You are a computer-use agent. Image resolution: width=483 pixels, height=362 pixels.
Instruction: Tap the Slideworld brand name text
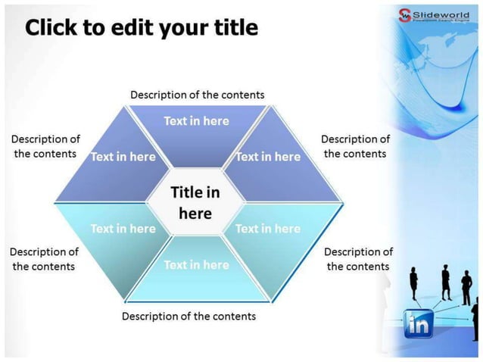445,13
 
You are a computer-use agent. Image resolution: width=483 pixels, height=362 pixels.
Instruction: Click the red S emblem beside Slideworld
405,14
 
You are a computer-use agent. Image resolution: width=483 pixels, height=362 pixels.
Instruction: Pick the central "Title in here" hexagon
195,202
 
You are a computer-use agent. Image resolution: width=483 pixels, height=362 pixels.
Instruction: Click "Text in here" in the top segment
196,120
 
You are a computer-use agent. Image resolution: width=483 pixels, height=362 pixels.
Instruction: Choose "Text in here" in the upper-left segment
123,157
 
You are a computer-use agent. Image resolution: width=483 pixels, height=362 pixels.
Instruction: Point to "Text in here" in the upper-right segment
268,157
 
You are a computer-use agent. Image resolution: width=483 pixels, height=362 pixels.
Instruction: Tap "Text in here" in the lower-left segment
123,228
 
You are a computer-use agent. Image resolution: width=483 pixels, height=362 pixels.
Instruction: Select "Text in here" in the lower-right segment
267,228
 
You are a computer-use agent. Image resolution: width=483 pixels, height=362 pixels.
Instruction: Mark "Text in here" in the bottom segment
196,264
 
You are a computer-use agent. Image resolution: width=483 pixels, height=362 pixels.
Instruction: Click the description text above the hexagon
198,95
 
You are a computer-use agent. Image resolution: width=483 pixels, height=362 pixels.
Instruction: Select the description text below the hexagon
189,316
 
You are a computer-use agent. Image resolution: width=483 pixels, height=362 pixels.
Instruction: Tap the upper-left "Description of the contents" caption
45,146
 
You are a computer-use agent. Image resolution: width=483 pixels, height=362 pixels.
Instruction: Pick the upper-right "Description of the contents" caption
355,146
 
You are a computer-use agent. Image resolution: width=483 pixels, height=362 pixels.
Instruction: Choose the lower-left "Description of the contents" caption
44,258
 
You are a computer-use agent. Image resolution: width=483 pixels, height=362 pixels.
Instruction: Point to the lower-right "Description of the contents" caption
358,258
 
